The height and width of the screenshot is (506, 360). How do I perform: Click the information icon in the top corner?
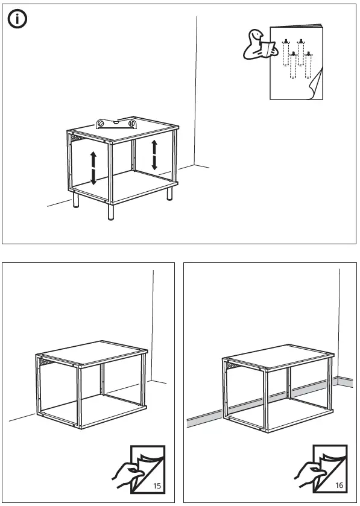(x=17, y=19)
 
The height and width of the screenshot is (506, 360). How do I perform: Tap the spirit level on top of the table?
(x=116, y=124)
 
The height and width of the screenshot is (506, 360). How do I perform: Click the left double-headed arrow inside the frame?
(x=93, y=168)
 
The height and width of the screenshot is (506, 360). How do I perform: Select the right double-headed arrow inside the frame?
(x=154, y=154)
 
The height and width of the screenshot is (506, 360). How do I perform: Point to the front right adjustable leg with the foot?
(x=111, y=210)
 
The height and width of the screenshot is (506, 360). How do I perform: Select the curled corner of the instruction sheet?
(x=314, y=89)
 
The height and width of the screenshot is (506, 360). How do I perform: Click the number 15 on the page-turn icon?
(x=156, y=484)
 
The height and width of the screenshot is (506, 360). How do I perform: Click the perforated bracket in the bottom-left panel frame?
(x=45, y=364)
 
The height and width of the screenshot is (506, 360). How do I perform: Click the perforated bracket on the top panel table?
(x=75, y=139)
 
